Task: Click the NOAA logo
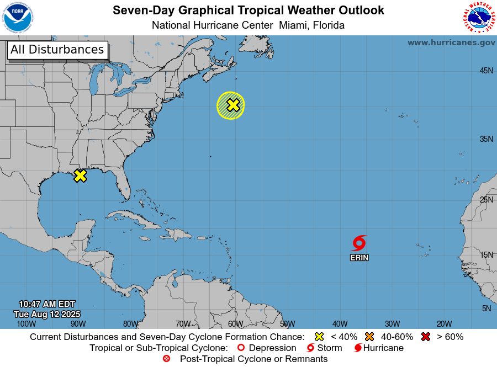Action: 18,18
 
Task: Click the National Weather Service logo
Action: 478,18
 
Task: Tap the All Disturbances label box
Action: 57,50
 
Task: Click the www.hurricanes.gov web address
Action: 451,42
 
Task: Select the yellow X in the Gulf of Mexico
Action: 80,175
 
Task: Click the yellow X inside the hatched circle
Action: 233,105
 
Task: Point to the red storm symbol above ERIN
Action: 359,243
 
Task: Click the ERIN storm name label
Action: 359,258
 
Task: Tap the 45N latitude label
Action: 486,71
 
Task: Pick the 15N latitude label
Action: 486,255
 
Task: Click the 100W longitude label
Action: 26,324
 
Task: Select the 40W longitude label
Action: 340,324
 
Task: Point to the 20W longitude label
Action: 445,324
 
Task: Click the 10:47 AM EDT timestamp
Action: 47,304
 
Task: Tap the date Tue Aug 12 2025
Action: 47,314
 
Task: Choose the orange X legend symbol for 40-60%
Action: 369,337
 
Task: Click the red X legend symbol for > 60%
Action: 426,337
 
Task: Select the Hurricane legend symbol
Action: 358,348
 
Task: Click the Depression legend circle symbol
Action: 241,348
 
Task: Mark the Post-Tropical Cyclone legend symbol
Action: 166,359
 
